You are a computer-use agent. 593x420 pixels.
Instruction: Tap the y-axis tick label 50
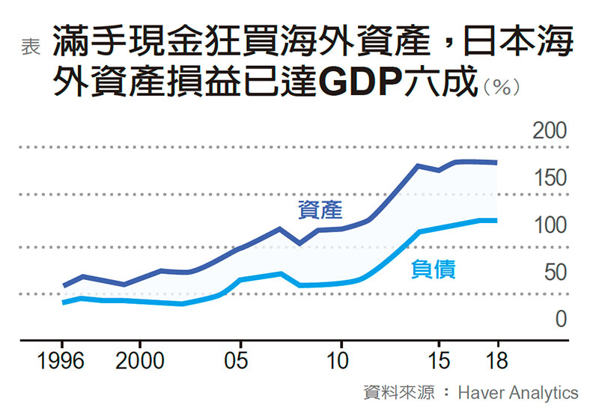(555, 272)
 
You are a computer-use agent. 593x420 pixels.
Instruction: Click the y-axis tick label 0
(560, 319)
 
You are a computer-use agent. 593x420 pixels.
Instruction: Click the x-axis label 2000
(140, 362)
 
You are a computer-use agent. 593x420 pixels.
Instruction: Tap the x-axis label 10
(340, 362)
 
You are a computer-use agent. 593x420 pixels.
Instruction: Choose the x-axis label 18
(496, 362)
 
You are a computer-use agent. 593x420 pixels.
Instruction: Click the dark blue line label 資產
(320, 210)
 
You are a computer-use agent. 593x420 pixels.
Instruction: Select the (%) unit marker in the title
(502, 87)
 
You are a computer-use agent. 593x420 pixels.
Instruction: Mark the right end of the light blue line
(496, 220)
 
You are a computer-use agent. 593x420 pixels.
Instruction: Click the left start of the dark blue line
(64, 285)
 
